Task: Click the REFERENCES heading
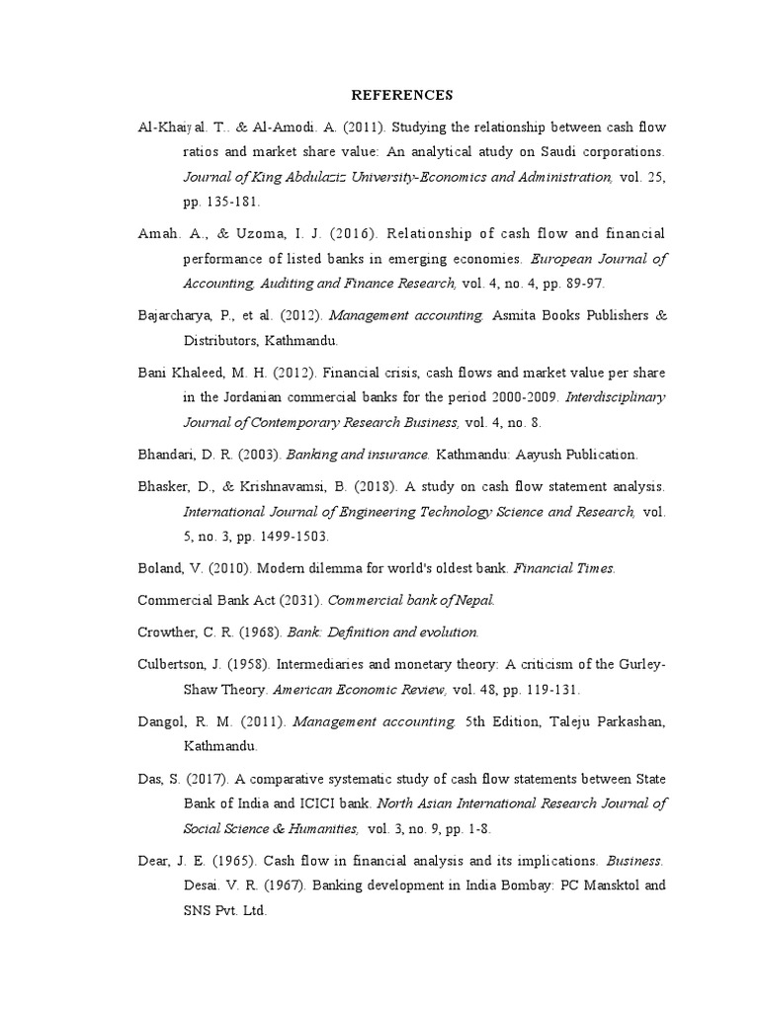coord(402,95)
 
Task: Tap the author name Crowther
coord(169,632)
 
